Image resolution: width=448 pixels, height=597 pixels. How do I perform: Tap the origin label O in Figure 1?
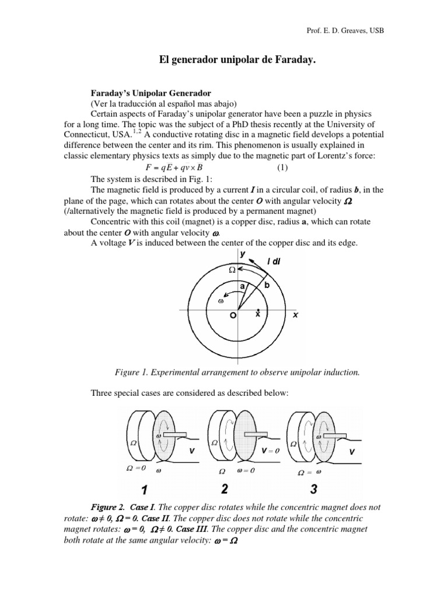pyautogui.click(x=233, y=315)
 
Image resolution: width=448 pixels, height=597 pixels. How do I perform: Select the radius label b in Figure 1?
pyautogui.click(x=267, y=286)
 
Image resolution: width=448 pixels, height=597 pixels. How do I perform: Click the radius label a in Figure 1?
pyautogui.click(x=242, y=286)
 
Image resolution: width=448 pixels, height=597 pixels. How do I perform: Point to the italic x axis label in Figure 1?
pyautogui.click(x=295, y=314)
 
